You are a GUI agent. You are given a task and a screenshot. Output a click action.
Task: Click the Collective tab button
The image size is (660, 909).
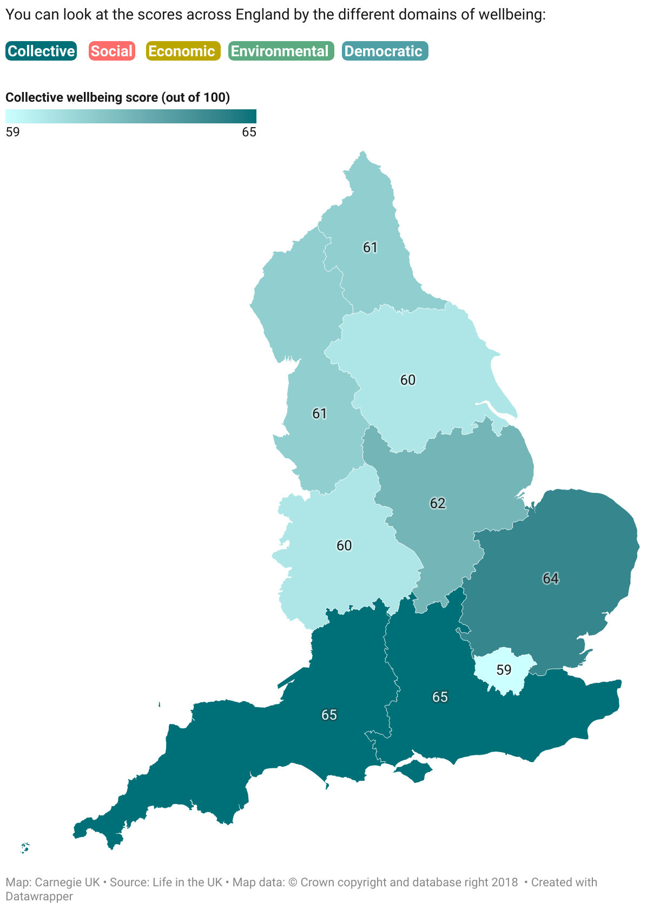pyautogui.click(x=41, y=51)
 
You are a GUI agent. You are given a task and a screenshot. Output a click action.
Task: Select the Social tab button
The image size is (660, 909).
pyautogui.click(x=111, y=51)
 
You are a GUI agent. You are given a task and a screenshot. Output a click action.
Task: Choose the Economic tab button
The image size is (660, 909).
pyautogui.click(x=183, y=51)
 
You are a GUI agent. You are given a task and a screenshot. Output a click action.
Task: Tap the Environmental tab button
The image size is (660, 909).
pyautogui.click(x=281, y=51)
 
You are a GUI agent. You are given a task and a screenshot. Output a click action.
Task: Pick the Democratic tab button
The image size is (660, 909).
pyautogui.click(x=385, y=51)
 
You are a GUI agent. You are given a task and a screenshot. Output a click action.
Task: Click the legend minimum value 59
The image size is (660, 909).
pyautogui.click(x=12, y=133)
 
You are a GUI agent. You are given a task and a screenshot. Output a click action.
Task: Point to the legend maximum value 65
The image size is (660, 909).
pyautogui.click(x=249, y=133)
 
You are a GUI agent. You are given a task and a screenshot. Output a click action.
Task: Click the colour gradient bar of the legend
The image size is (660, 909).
pyautogui.click(x=130, y=116)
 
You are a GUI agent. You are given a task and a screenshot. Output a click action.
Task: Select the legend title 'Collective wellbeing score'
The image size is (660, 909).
pyautogui.click(x=117, y=97)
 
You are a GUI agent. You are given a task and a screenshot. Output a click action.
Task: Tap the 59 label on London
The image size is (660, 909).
pyautogui.click(x=504, y=670)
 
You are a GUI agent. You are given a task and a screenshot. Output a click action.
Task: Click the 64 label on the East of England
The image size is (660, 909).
pyautogui.click(x=551, y=578)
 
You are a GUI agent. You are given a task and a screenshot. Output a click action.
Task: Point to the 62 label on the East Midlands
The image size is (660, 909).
pyautogui.click(x=438, y=503)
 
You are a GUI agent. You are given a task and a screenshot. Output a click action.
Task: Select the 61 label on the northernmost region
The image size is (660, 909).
pyautogui.click(x=370, y=247)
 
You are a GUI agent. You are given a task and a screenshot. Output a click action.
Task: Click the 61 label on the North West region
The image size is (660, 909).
pyautogui.click(x=320, y=413)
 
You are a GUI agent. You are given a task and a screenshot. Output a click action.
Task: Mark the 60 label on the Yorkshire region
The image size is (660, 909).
pyautogui.click(x=408, y=380)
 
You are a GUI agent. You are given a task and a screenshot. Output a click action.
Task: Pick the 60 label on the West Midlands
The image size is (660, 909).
pyautogui.click(x=344, y=545)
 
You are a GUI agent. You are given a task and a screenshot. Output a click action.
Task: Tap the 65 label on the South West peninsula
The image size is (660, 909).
pyautogui.click(x=329, y=715)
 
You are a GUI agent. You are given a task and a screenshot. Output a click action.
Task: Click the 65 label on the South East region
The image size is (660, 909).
pyautogui.click(x=440, y=697)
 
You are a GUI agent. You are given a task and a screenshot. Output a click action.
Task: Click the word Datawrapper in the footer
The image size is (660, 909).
pyautogui.click(x=39, y=896)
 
